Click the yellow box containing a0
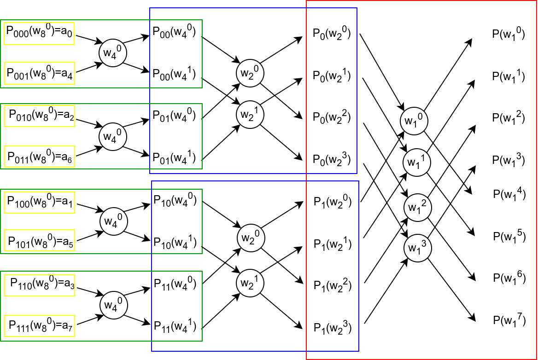coord(40,33)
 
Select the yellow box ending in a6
coord(40,156)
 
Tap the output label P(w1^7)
coord(509,319)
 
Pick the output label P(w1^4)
coord(509,193)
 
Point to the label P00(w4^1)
coord(175,74)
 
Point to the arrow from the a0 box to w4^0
coord(88,39)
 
